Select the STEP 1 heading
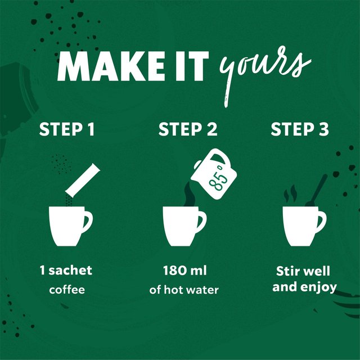click(x=66, y=130)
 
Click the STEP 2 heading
click(x=187, y=130)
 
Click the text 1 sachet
click(x=66, y=271)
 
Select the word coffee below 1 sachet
click(x=66, y=290)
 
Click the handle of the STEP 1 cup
click(x=87, y=220)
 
